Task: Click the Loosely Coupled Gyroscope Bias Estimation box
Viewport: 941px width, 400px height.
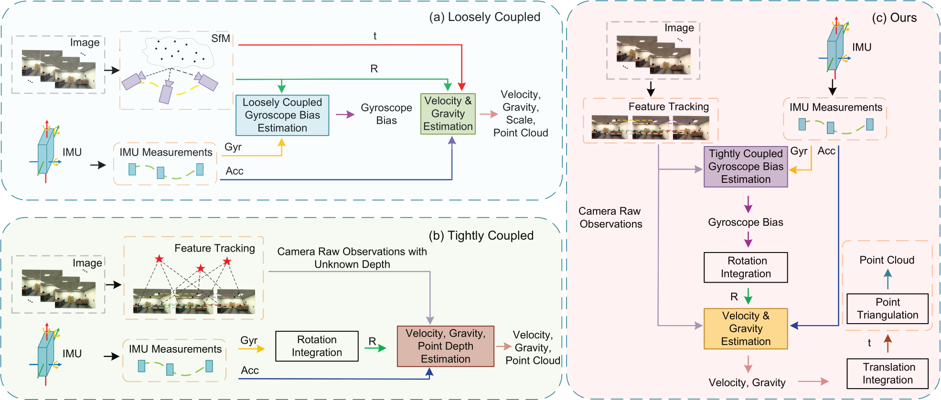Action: (282, 115)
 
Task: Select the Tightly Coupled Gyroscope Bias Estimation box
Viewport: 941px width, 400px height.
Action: (746, 167)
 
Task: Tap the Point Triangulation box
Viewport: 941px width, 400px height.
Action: (888, 309)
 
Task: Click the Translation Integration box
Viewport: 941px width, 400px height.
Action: (888, 374)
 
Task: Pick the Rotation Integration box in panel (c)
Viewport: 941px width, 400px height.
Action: (746, 267)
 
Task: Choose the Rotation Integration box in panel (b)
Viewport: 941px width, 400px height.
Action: (317, 346)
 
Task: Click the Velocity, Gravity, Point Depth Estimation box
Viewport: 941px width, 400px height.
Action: (445, 346)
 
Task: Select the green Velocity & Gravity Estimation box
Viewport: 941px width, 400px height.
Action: (448, 114)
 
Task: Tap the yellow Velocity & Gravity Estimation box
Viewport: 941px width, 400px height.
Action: (746, 328)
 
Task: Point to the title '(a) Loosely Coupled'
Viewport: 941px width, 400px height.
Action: (484, 17)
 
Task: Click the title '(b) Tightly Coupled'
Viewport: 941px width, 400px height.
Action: (481, 236)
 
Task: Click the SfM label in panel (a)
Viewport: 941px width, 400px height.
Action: (221, 39)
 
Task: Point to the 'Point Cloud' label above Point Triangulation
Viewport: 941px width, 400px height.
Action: (887, 260)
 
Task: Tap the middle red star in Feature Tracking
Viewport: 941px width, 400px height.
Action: (201, 268)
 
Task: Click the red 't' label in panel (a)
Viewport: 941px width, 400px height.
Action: (375, 36)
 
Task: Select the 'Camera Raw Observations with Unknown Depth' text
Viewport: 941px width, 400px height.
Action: (352, 258)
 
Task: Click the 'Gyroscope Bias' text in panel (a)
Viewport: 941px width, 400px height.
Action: (386, 114)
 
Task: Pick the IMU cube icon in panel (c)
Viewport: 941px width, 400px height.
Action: (835, 48)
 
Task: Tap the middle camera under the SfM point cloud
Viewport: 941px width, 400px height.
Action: (166, 92)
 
